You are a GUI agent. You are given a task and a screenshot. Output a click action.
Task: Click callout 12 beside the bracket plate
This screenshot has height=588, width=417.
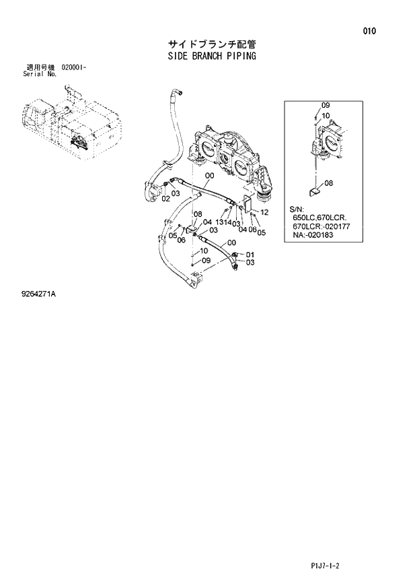tap(264, 212)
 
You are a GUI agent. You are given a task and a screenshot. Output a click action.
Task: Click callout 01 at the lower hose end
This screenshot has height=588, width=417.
tap(251, 254)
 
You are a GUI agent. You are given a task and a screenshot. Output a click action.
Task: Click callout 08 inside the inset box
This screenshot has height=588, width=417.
tap(328, 183)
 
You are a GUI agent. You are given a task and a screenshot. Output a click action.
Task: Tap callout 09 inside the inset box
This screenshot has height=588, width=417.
tap(326, 106)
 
